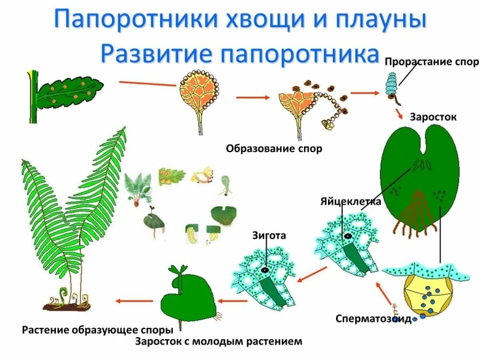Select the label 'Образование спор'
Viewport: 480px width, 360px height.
[x=274, y=148]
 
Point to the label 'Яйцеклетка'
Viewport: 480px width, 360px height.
[x=351, y=201]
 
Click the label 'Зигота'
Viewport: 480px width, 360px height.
[x=269, y=235]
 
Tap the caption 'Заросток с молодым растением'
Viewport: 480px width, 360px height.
[x=219, y=340]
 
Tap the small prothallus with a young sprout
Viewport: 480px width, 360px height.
[x=185, y=295]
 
